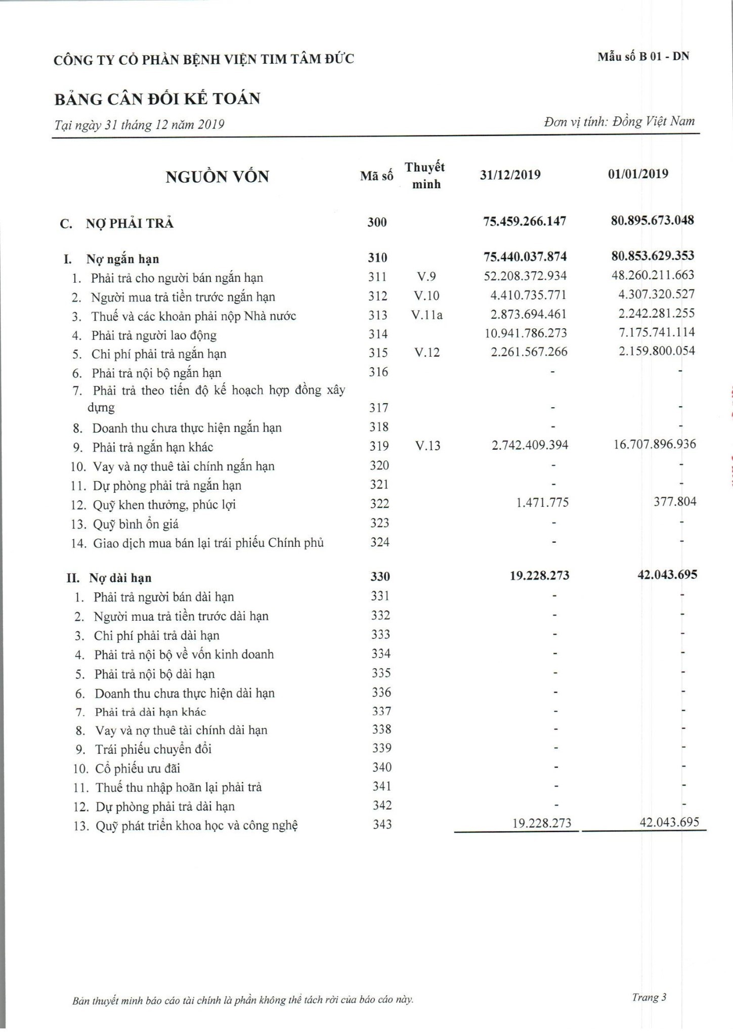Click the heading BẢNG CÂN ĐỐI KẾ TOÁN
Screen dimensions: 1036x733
(x=157, y=98)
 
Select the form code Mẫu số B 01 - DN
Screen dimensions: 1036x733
(x=643, y=57)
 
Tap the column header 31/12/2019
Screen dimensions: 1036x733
(x=510, y=175)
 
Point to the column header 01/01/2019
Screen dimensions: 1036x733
(x=638, y=174)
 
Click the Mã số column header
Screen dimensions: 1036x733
(x=376, y=176)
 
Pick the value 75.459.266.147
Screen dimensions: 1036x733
(x=525, y=221)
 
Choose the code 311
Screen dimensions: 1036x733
(x=377, y=277)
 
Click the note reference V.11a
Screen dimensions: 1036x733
(x=426, y=315)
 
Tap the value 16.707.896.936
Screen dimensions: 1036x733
(x=655, y=444)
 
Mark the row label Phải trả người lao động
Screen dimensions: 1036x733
(x=154, y=335)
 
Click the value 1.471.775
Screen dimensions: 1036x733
(x=542, y=502)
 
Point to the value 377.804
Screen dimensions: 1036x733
(x=675, y=501)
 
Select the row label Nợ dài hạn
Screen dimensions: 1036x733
(x=120, y=578)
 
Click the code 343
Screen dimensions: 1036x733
(x=382, y=825)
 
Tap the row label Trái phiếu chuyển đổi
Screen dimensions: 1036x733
(x=153, y=749)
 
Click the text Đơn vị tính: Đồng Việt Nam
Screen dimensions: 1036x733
(x=619, y=122)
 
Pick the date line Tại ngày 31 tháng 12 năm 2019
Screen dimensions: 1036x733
(x=140, y=124)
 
